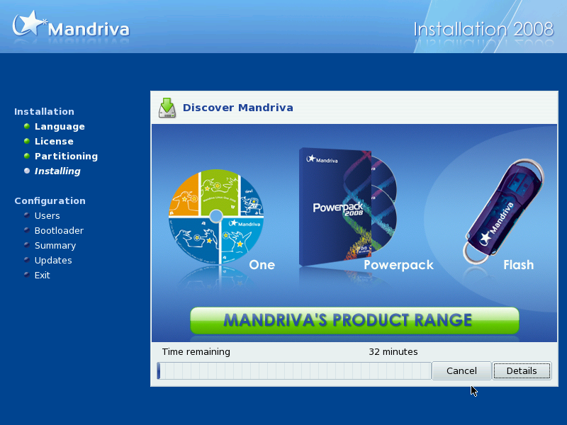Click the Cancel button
click(461, 370)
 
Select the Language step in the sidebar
click(60, 127)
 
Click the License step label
click(54, 141)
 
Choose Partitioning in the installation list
click(66, 156)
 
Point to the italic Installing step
click(57, 171)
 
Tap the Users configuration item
click(47, 216)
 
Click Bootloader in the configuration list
click(59, 231)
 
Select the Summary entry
click(55, 246)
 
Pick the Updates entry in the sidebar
click(53, 261)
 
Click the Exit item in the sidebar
click(43, 276)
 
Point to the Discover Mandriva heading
click(238, 108)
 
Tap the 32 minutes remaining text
click(393, 351)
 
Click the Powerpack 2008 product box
click(335, 206)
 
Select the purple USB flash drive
click(503, 211)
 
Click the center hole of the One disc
click(216, 216)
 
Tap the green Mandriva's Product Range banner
click(354, 321)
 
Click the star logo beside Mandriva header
click(28, 23)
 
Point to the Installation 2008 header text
click(483, 29)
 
